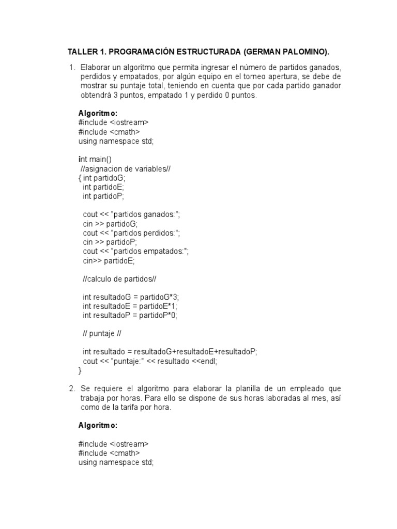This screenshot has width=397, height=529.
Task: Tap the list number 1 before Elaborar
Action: click(x=71, y=68)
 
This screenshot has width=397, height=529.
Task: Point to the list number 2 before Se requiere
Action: click(x=71, y=388)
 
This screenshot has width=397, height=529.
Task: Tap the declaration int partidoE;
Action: click(x=103, y=187)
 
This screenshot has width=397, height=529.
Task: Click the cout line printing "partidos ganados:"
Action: click(x=131, y=214)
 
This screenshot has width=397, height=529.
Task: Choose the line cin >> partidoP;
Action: click(x=110, y=242)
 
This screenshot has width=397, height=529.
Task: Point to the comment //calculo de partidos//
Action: click(x=119, y=279)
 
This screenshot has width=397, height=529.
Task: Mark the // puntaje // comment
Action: click(x=102, y=334)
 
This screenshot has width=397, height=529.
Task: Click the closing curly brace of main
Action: click(x=80, y=370)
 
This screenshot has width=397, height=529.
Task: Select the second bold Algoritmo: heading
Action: click(x=98, y=426)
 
